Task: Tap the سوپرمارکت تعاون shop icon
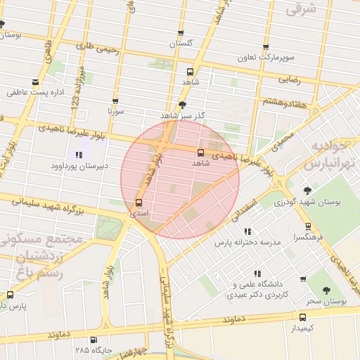coord(266,48)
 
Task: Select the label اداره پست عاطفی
coord(36,91)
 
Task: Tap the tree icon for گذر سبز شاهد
coord(183,104)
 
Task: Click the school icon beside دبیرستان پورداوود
coord(78,155)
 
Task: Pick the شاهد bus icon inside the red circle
coord(201,152)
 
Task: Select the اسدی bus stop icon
coord(138,203)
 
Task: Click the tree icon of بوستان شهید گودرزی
coord(307,191)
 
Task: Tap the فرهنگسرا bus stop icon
coord(307,226)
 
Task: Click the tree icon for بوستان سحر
coord(326,290)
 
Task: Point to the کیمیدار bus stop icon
coord(302,317)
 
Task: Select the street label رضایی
coord(290,79)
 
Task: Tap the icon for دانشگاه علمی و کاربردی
coord(257,274)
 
